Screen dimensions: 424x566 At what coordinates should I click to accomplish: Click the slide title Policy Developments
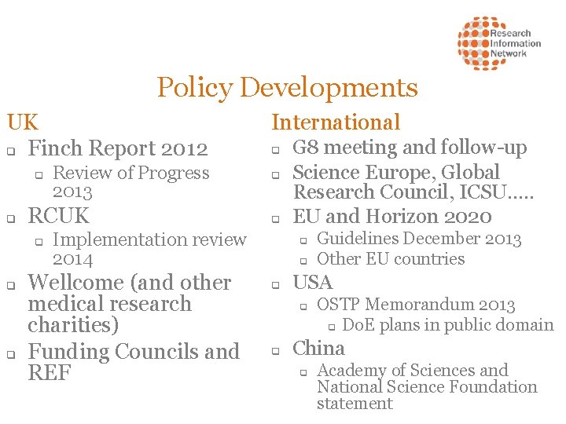click(287, 87)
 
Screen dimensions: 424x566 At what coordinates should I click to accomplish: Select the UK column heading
click(23, 122)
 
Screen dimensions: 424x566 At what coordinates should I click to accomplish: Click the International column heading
click(336, 122)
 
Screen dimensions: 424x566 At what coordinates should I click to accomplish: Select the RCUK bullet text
click(59, 216)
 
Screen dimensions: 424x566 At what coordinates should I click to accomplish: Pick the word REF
click(50, 373)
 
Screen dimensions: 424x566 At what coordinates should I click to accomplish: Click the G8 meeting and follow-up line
click(410, 148)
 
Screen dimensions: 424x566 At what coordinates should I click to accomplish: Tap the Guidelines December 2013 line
click(419, 239)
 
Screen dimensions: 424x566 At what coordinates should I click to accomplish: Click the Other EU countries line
click(391, 259)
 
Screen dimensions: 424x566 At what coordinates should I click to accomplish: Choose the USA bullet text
click(313, 282)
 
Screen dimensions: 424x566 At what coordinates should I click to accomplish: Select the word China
click(318, 349)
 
